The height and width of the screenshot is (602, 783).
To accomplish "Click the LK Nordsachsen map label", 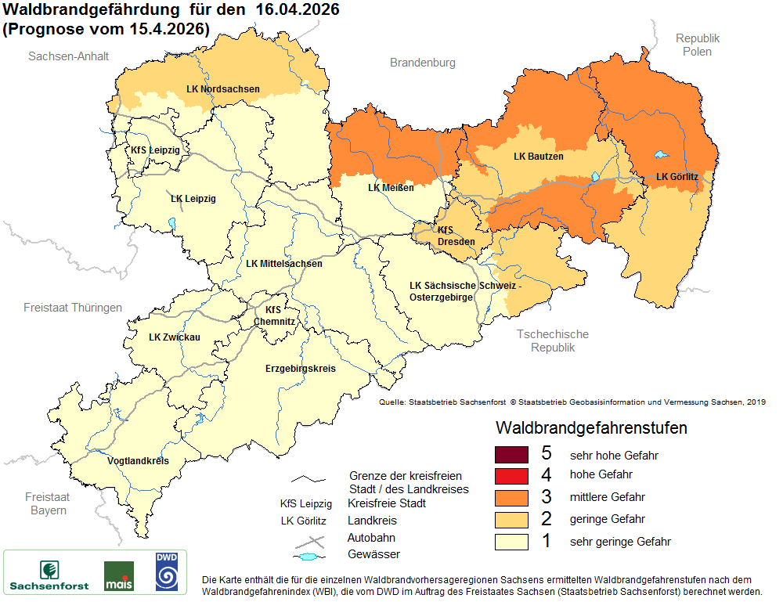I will click(223, 88).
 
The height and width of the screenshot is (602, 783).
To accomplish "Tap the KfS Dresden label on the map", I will click(456, 236).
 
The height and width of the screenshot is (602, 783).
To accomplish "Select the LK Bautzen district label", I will click(538, 157).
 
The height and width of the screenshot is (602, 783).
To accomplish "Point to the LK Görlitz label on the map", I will click(677, 177).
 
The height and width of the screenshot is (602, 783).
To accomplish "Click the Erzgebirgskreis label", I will click(300, 368).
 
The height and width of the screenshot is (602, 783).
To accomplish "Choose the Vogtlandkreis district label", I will click(138, 461).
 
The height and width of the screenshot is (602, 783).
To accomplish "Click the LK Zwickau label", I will click(175, 337).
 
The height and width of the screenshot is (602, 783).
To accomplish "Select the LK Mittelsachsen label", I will click(283, 264).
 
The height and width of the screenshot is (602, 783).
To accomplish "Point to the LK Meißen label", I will click(390, 188).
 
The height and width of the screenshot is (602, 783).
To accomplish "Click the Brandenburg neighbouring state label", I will click(422, 63).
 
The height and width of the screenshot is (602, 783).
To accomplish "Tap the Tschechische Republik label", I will click(552, 341).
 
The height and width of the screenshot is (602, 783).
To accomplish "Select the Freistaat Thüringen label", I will click(73, 308).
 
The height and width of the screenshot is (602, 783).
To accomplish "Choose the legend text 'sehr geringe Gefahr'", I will click(620, 542).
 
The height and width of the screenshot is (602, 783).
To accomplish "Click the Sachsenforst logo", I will click(49, 573).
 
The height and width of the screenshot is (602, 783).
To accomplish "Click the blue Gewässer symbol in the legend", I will click(310, 556).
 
